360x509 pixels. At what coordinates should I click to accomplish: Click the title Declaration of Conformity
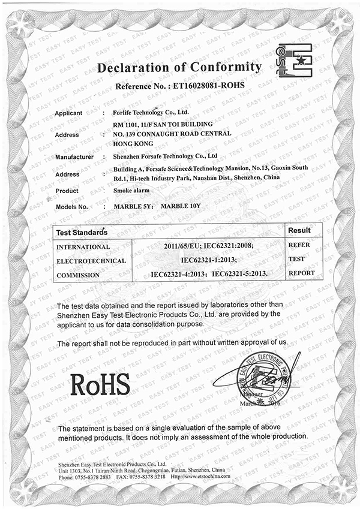click(179, 67)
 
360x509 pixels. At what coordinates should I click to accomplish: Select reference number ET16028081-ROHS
click(206, 86)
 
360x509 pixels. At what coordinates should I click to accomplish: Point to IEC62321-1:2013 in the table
click(209, 260)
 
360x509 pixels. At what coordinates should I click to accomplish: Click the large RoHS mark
click(100, 384)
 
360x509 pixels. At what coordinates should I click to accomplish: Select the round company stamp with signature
click(264, 378)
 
